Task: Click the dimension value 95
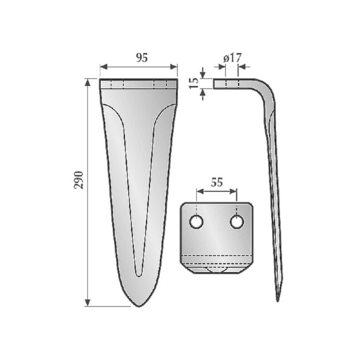[142, 58]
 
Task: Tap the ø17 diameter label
[233, 58]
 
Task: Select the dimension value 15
[194, 83]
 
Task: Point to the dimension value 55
[217, 182]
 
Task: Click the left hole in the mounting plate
[197, 222]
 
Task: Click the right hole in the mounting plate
[237, 222]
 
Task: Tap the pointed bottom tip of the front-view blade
[139, 306]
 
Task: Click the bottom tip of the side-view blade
[278, 300]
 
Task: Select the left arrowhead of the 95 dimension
[104, 67]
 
